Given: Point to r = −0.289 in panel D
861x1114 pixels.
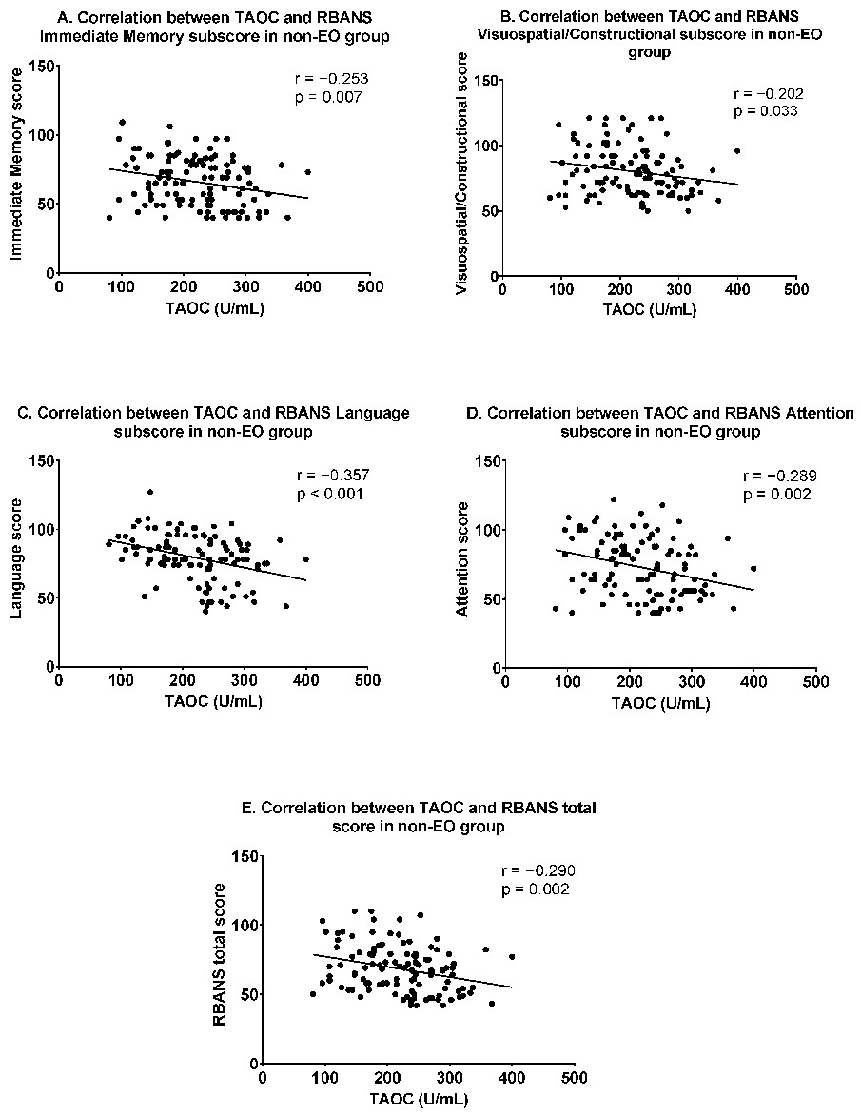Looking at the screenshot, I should tap(775, 476).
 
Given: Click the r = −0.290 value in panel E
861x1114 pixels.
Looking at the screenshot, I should tap(538, 871).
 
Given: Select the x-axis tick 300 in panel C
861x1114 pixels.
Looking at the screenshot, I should tap(245, 682).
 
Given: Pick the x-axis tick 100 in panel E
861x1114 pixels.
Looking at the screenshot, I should tap(325, 1078).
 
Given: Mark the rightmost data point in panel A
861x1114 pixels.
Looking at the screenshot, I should tap(307, 172).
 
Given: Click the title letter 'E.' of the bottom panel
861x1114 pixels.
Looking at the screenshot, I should tap(249, 808).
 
